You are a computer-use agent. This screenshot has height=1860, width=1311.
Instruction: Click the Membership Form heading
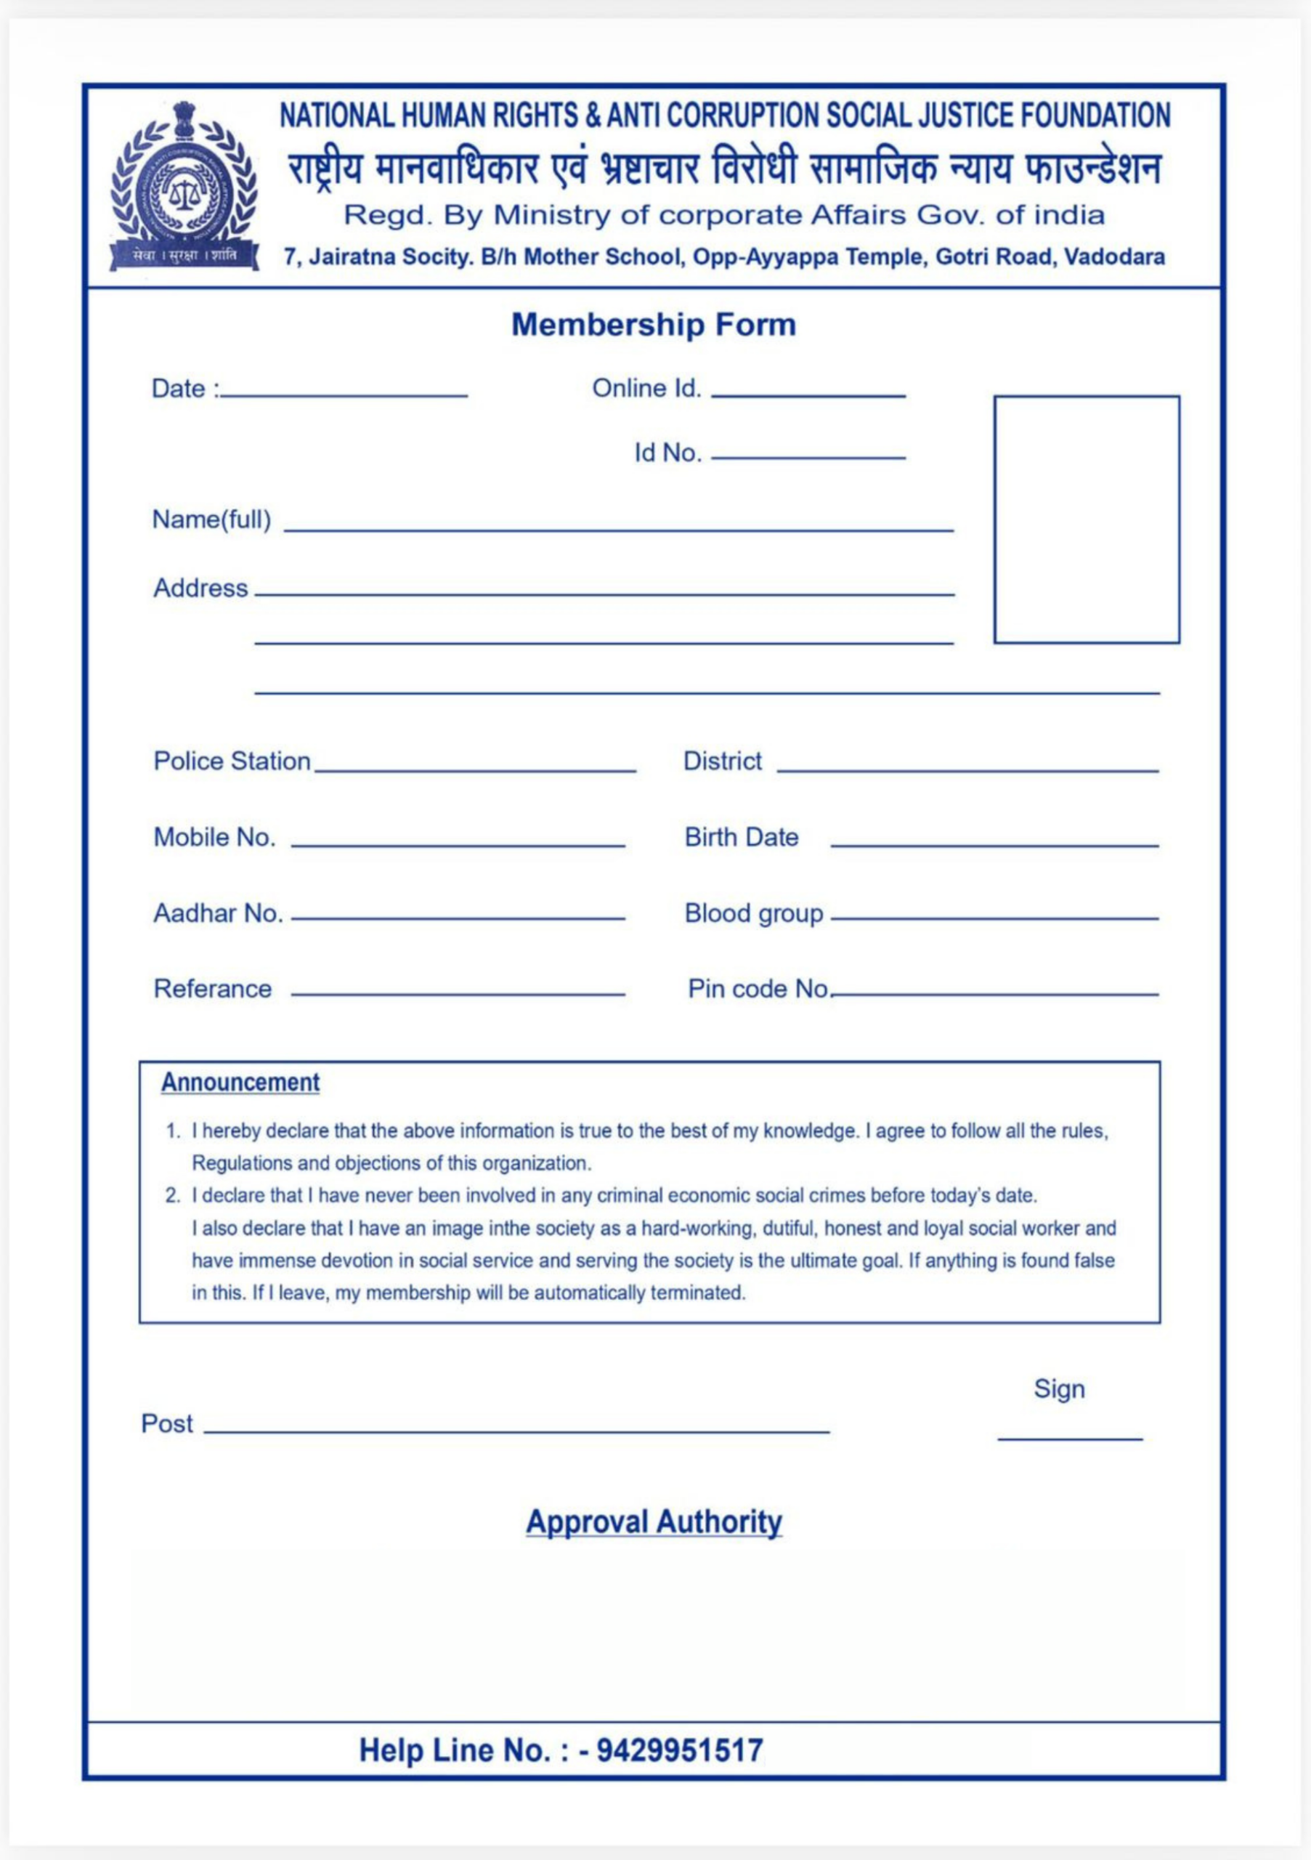(x=654, y=325)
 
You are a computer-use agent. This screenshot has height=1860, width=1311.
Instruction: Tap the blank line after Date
(x=344, y=395)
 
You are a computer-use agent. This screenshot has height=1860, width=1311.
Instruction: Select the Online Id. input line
(x=808, y=395)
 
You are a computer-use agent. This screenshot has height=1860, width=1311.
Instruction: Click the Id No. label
(x=667, y=453)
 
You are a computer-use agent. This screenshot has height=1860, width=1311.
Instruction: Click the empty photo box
(x=1086, y=519)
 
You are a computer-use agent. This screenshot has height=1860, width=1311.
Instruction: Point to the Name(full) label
(x=211, y=519)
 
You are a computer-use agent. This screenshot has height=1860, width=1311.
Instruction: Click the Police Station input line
(x=475, y=769)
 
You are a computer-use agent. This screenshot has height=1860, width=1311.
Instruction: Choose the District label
(x=722, y=761)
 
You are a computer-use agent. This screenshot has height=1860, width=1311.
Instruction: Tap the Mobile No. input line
(x=458, y=845)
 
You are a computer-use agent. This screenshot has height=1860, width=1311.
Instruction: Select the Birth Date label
(x=741, y=837)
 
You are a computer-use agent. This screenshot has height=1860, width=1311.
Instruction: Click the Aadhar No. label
(x=218, y=914)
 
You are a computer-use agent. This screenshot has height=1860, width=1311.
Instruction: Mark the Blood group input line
(x=994, y=918)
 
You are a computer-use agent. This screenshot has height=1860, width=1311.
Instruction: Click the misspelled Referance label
(x=212, y=989)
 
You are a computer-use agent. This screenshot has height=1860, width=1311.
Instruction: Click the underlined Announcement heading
(x=240, y=1083)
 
